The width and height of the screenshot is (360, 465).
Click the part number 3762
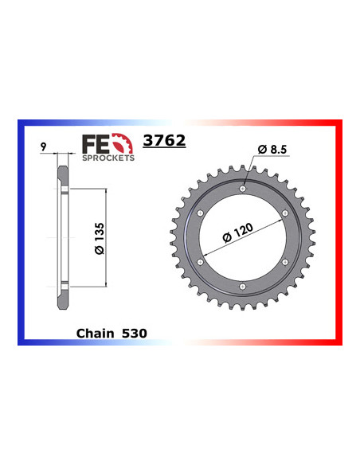click(164, 141)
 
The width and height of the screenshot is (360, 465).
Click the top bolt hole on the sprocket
click(242, 189)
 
